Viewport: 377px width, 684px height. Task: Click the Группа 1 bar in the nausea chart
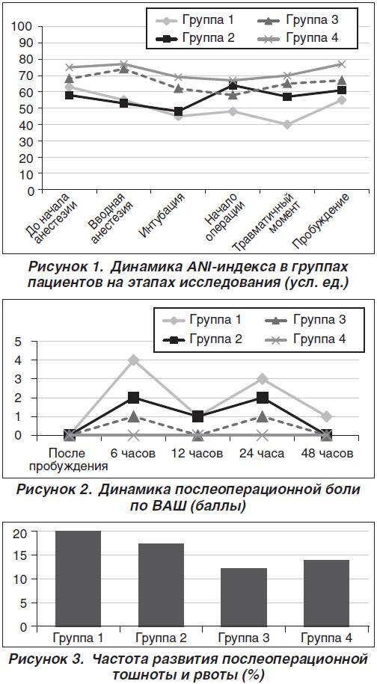[x=79, y=579]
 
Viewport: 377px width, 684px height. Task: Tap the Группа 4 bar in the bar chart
[x=326, y=594]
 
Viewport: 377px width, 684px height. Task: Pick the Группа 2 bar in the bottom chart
[x=161, y=585]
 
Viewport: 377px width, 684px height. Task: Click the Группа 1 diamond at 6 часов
[x=133, y=360]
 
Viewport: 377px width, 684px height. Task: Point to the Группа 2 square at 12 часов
[x=198, y=416]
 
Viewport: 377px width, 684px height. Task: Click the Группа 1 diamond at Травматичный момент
[x=287, y=125]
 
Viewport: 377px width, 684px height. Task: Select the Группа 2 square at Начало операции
[x=233, y=85]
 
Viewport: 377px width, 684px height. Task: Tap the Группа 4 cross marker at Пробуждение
[x=342, y=64]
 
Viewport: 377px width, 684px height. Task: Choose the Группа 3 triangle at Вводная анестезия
[x=124, y=69]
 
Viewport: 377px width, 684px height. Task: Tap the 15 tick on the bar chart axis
[x=24, y=555]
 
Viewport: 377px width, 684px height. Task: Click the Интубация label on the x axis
[x=164, y=216]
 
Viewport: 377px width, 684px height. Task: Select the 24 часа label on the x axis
[x=262, y=454]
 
